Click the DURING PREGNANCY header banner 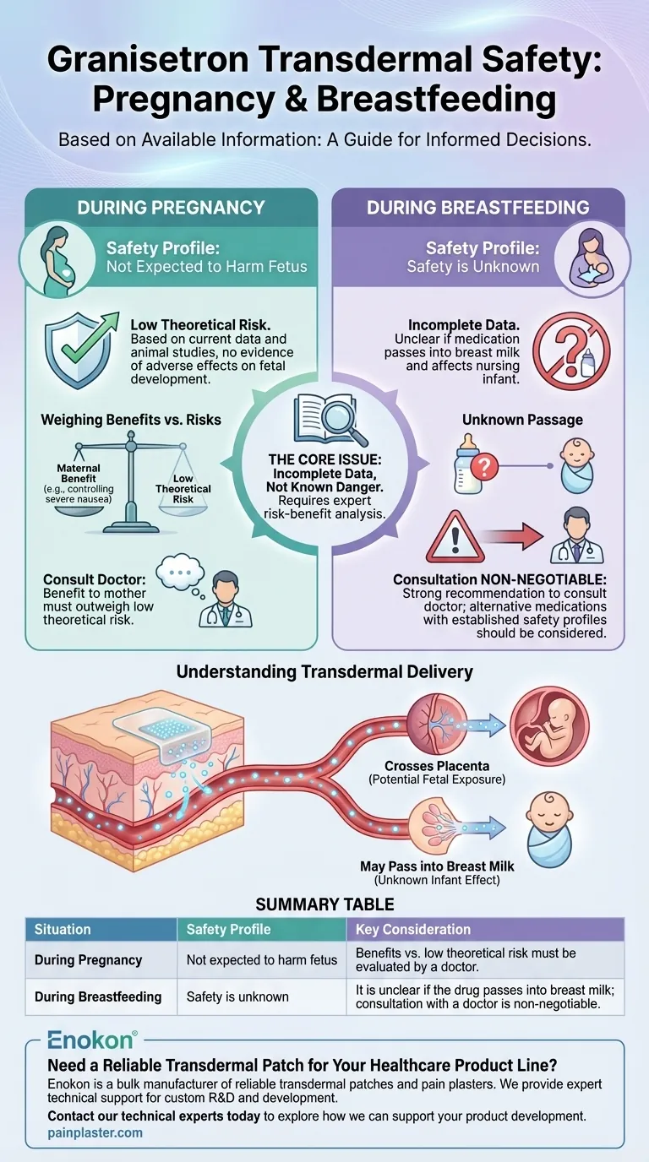coord(172,207)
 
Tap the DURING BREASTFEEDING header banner coord(477,207)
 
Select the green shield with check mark coord(81,349)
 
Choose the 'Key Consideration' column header coord(409,929)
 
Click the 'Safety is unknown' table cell coord(237,996)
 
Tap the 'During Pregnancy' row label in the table coord(88,960)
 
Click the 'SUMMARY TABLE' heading coord(324,904)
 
